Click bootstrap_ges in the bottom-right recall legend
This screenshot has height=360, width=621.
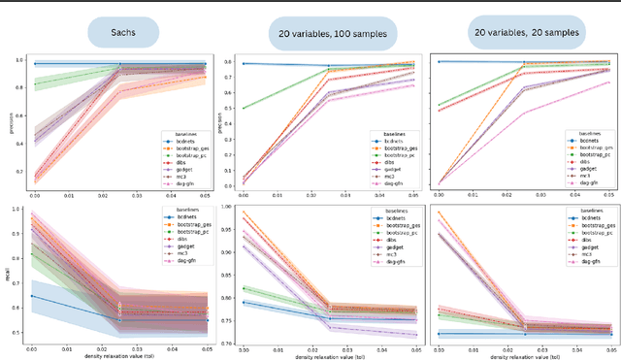592,219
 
